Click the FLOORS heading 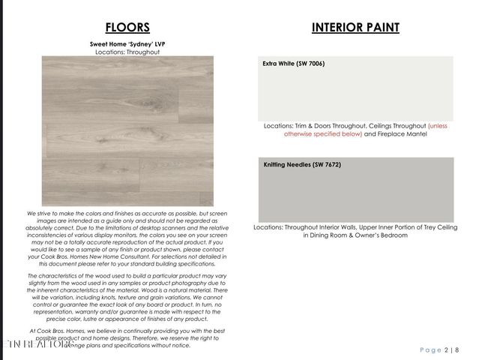click(x=127, y=28)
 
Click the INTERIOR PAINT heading click(x=355, y=28)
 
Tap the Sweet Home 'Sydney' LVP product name click(x=127, y=44)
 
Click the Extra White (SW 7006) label click(x=293, y=64)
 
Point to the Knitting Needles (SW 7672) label click(x=302, y=164)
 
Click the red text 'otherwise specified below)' click(x=323, y=134)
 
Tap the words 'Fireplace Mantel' click(x=401, y=134)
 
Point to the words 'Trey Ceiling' click(x=431, y=226)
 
